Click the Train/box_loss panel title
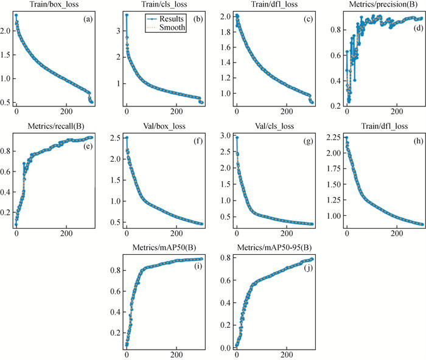coord(54,5)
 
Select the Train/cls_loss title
coord(163,5)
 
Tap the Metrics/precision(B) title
coord(384,5)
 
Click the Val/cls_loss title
coord(274,126)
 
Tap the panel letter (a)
coord(88,19)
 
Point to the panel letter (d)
coord(418,29)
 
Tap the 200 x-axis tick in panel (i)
coord(176,355)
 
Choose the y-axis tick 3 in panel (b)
coord(119,30)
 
